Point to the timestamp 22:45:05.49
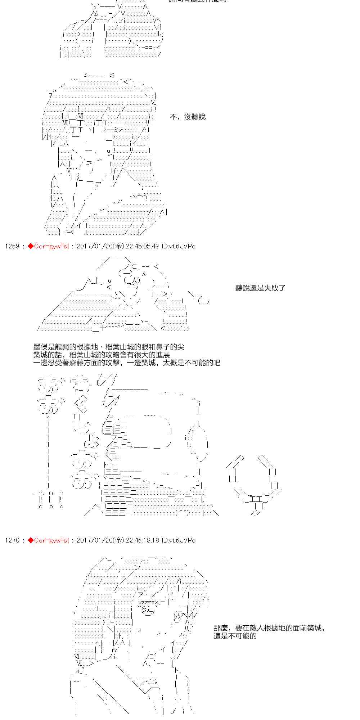coord(142,246)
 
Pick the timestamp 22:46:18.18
coord(142,540)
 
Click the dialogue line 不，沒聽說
coord(188,117)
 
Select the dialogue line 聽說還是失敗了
coord(260,288)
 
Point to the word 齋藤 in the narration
coord(88,363)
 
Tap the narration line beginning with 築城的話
coord(102,355)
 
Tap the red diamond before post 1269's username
coord(31,246)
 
